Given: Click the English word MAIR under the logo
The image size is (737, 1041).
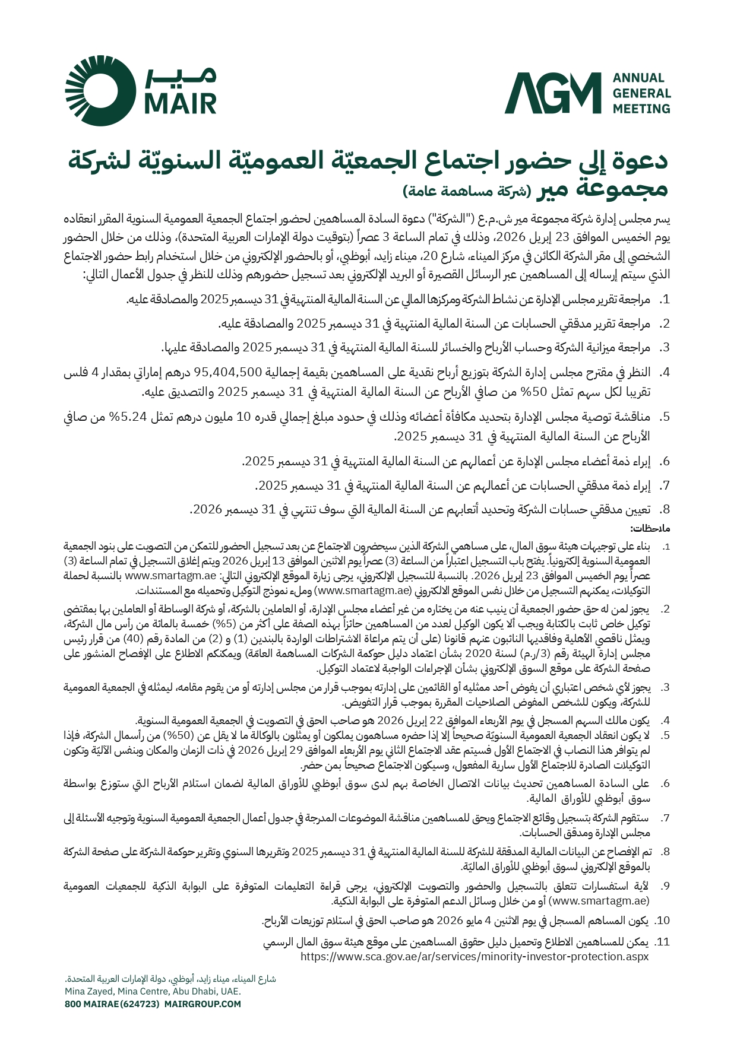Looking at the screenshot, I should click(x=181, y=104).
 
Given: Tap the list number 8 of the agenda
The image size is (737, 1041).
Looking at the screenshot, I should click(x=665, y=510).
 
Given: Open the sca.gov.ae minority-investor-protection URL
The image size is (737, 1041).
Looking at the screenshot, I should click(x=475, y=957).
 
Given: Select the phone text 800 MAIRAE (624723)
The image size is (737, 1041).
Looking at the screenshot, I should click(x=112, y=1004).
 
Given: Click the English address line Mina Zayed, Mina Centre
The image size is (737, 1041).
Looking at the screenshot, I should click(x=153, y=991).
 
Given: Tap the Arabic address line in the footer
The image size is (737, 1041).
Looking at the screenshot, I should click(x=170, y=979).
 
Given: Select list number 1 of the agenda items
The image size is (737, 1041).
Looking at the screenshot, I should click(x=665, y=300).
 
